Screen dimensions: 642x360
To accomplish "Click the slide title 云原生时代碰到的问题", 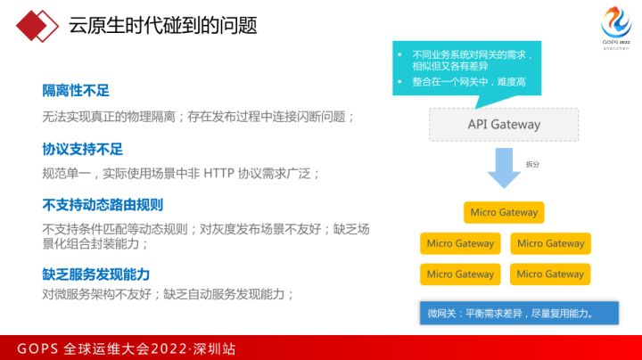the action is tap(163, 25).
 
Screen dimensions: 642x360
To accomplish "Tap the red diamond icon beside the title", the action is tap(37, 26).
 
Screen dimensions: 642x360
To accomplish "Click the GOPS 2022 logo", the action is tap(616, 28).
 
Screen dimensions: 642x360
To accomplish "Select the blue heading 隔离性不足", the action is tap(76, 91).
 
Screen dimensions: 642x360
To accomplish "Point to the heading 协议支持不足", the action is tap(82, 150).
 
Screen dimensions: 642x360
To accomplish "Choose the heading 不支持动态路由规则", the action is tap(103, 205).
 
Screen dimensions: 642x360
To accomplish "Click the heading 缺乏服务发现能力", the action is tap(95, 274).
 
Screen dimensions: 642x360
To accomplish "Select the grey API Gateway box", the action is tap(504, 125).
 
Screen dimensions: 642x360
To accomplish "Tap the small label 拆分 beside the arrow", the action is tap(532, 165).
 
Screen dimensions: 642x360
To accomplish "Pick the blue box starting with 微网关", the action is tap(519, 313).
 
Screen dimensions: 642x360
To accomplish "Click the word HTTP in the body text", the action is tap(218, 174).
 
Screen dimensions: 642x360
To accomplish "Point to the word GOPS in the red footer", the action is tap(37, 349).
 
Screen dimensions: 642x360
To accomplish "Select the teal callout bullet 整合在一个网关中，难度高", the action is tap(469, 82).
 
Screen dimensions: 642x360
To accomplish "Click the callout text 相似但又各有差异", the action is tap(450, 66).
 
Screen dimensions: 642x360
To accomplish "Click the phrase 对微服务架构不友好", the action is tap(96, 294).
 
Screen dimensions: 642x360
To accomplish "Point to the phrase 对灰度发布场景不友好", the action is tap(260, 229).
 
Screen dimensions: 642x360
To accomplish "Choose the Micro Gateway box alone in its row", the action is tap(504, 212).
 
